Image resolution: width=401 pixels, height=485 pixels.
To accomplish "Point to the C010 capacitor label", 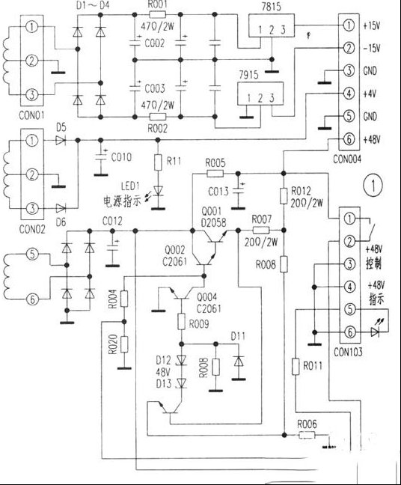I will click(122, 157).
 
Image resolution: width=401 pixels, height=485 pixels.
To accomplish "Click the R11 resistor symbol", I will click(158, 162).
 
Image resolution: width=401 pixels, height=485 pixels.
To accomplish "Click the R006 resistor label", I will click(307, 423).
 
